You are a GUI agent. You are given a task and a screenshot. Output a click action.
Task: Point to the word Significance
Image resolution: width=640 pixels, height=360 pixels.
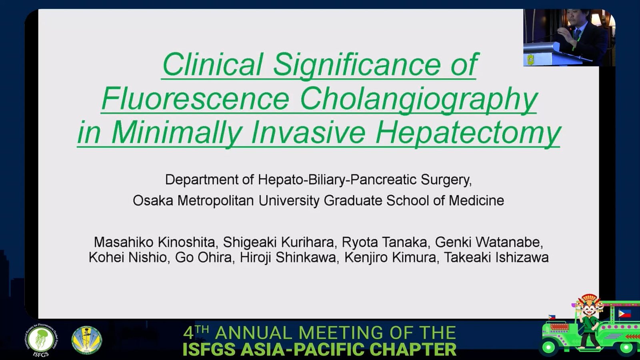tap(357, 65)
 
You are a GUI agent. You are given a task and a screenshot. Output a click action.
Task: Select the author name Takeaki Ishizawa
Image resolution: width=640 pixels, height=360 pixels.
tap(496, 257)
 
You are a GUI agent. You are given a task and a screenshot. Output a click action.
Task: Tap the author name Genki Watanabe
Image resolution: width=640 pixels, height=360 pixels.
tap(489, 242)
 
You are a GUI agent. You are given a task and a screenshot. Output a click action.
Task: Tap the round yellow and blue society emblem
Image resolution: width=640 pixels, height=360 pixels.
tap(86, 340)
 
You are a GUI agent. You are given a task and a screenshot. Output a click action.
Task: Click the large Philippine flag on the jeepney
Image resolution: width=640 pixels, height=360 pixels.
tap(624, 314)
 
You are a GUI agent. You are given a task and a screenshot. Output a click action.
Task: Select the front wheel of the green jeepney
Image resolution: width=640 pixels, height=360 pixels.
tap(549, 348)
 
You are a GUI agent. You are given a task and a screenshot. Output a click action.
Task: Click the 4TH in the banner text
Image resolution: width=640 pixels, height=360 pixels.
tap(196, 332)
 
